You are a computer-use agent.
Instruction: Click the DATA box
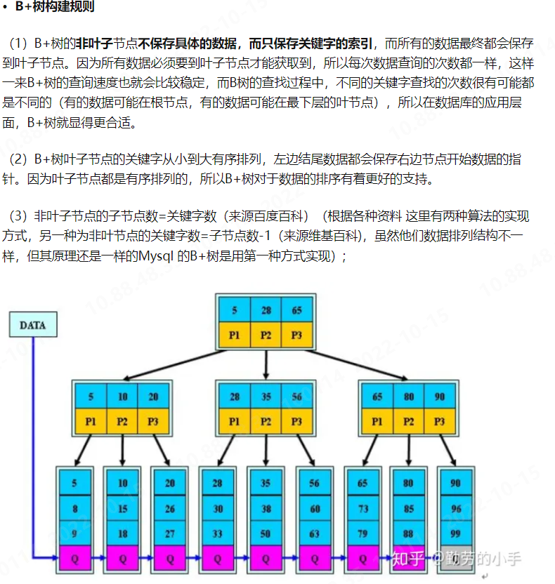(32, 325)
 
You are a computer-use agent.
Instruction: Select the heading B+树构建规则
(54, 8)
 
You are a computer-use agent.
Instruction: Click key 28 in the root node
(266, 310)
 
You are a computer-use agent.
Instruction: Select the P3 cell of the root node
(297, 336)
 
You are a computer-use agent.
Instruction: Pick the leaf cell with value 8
(75, 508)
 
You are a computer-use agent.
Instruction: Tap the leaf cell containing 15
(123, 508)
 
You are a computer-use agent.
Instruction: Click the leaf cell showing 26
(171, 508)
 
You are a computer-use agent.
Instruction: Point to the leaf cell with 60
(314, 508)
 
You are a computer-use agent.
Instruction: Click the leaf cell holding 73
(363, 508)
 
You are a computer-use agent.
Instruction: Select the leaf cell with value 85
(408, 508)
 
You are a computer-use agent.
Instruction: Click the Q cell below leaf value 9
(75, 559)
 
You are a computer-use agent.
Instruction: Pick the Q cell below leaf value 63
(314, 559)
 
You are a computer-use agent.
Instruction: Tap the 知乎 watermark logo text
(408, 559)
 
